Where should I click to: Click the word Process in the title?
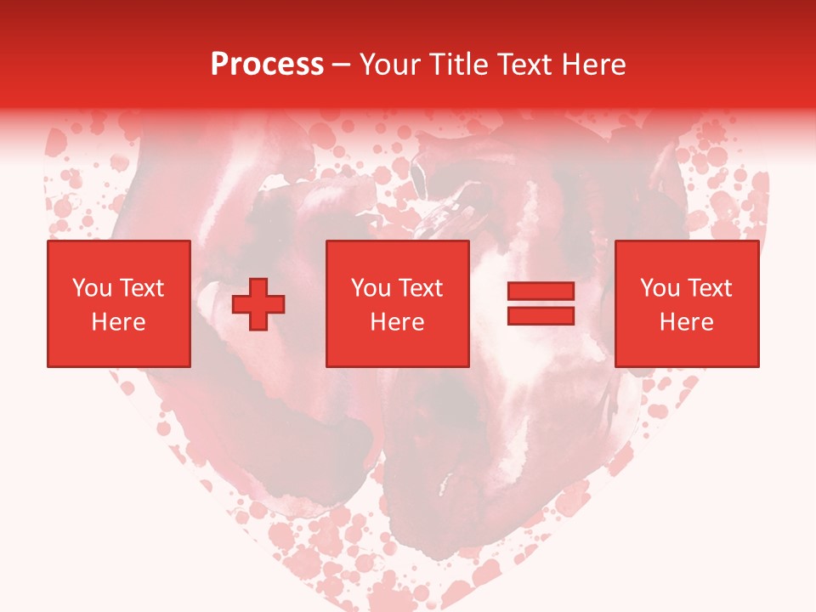(x=267, y=65)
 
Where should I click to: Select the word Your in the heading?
(x=392, y=65)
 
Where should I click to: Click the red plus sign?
(x=258, y=303)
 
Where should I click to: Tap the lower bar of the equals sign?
(x=541, y=315)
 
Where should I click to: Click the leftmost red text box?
(x=118, y=303)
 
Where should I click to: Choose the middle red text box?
(x=397, y=303)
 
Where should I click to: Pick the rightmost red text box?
(x=686, y=303)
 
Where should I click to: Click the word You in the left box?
(x=91, y=288)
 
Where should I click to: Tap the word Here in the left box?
(x=118, y=322)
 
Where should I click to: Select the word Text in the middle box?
(x=420, y=288)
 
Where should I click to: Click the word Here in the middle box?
(x=397, y=322)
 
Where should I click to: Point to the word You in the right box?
(x=659, y=288)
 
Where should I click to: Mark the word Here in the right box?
(x=686, y=322)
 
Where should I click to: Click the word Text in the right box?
(x=709, y=288)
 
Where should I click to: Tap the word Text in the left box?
(x=141, y=288)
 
